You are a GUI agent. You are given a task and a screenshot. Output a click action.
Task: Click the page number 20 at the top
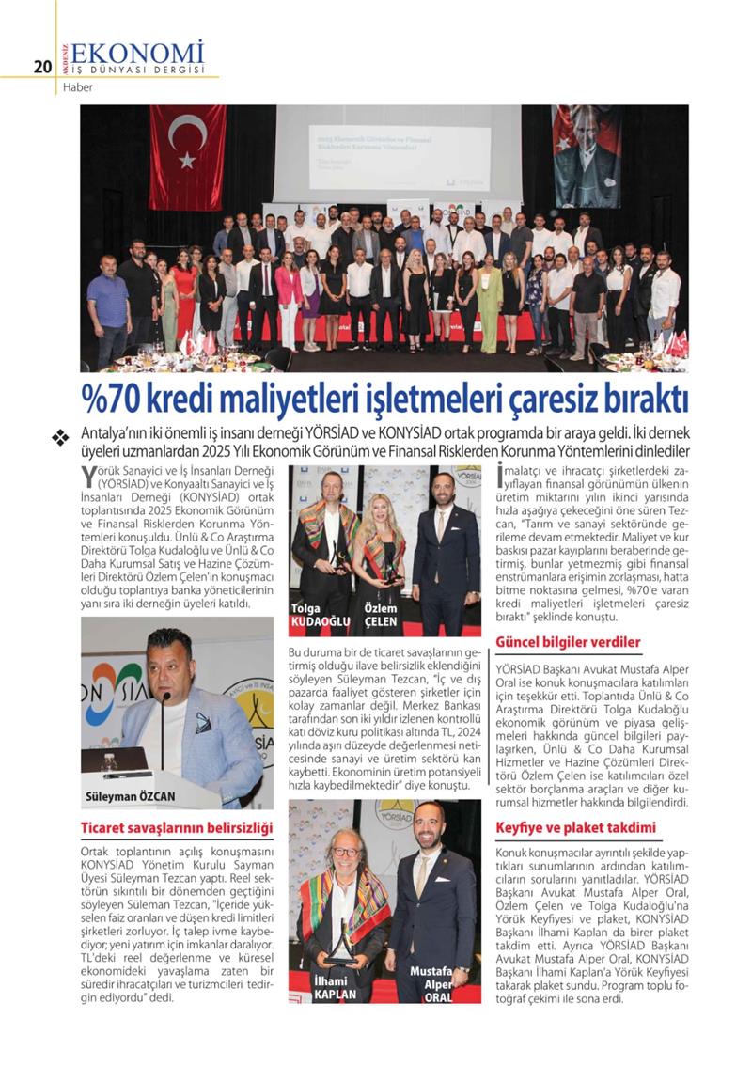40,67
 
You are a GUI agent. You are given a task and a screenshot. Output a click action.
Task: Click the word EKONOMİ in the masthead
137,52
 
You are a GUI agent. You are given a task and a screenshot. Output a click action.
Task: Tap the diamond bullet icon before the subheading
61,436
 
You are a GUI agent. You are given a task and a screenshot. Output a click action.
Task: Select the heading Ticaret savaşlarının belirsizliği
176,828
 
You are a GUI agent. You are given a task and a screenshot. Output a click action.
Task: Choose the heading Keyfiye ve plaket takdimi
575,828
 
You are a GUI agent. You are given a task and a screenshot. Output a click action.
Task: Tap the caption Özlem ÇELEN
381,615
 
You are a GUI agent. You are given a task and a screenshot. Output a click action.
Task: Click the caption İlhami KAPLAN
336,989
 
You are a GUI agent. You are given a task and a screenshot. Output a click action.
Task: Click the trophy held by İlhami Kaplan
341,940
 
